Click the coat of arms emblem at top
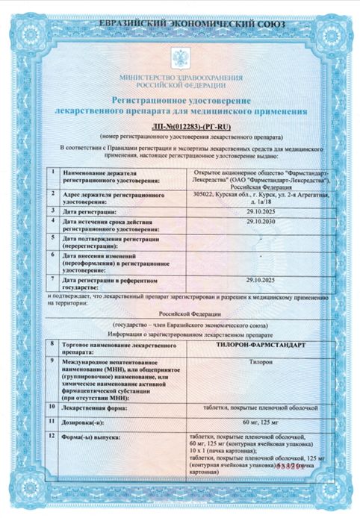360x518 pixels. (180, 57)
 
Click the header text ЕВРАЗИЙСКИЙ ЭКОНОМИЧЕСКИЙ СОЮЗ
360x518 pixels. (180, 26)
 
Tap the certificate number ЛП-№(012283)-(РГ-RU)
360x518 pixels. (180, 128)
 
